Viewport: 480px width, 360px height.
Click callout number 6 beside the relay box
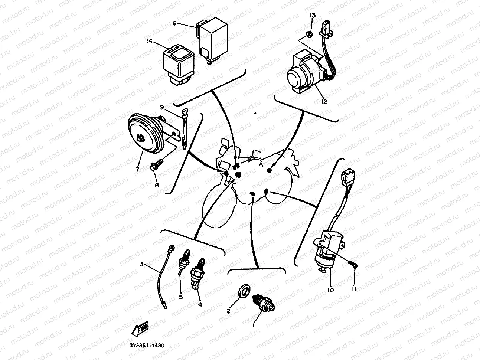174,23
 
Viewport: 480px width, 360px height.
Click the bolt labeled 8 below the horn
155,165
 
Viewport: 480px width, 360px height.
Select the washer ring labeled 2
244,291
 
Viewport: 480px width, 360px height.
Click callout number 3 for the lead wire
141,264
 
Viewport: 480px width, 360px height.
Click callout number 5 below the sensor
180,297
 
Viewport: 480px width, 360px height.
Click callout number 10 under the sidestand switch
330,290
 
